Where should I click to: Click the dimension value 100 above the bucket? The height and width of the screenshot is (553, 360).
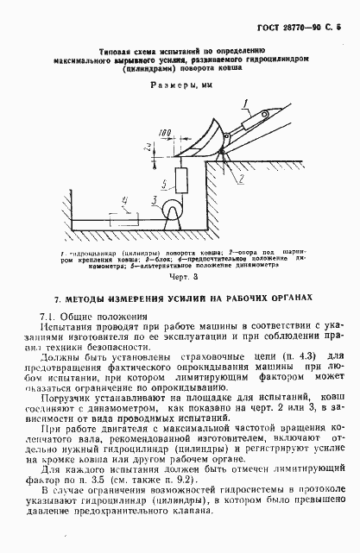164,135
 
